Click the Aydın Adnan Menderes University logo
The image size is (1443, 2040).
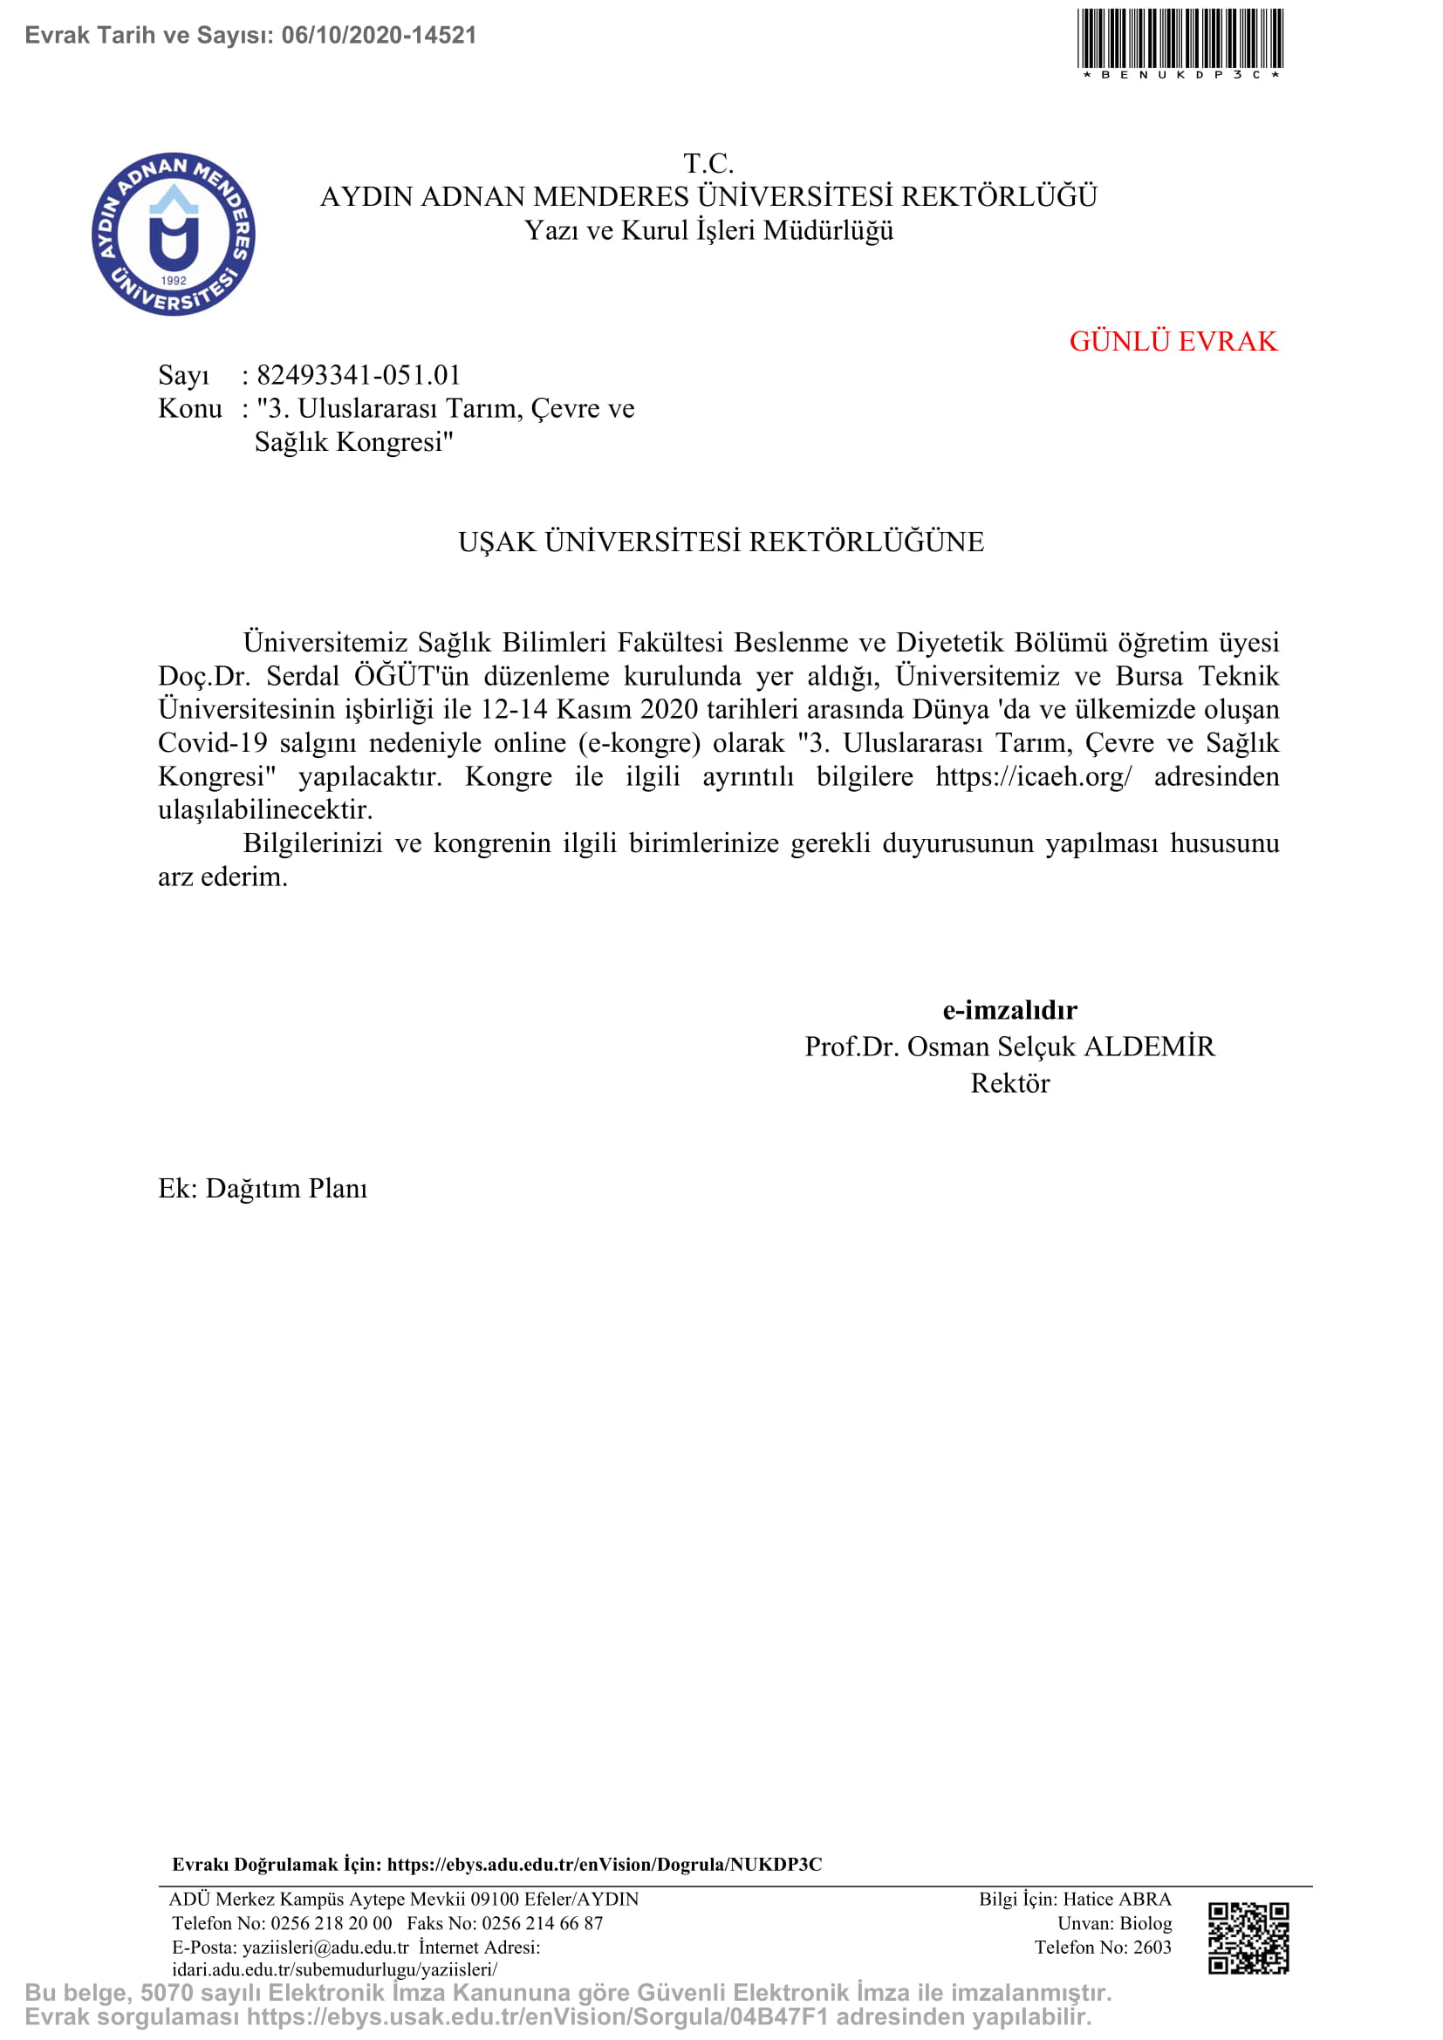[x=174, y=234]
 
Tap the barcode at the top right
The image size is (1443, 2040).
[x=1180, y=39]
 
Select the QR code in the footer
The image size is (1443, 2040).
[x=1248, y=1938]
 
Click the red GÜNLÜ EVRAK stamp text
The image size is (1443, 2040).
[x=1173, y=341]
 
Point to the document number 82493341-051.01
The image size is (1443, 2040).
[x=358, y=375]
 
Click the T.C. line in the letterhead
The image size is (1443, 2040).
[x=708, y=163]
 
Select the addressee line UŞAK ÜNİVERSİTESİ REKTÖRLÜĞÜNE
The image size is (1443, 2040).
[x=721, y=542]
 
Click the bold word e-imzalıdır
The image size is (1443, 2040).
[x=1009, y=1010]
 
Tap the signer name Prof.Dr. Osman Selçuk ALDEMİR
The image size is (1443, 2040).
[x=1009, y=1047]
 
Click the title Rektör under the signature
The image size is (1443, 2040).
[x=1009, y=1083]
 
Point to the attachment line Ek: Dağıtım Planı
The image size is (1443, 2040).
[x=263, y=1189]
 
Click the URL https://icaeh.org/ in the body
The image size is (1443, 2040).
[x=1033, y=776]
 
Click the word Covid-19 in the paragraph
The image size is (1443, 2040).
[x=212, y=743]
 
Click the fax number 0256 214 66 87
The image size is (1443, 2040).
[x=542, y=1923]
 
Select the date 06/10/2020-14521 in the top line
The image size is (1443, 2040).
[x=379, y=36]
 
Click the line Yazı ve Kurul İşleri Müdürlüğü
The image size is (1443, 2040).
[x=708, y=231]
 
